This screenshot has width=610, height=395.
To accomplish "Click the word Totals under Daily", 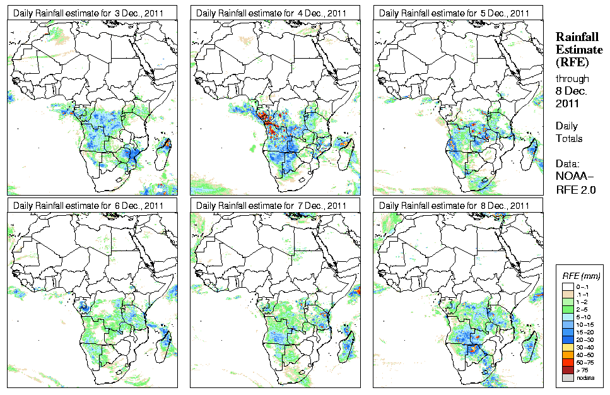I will coord(569,138).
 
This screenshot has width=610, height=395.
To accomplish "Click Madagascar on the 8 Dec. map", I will coord(532,346).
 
